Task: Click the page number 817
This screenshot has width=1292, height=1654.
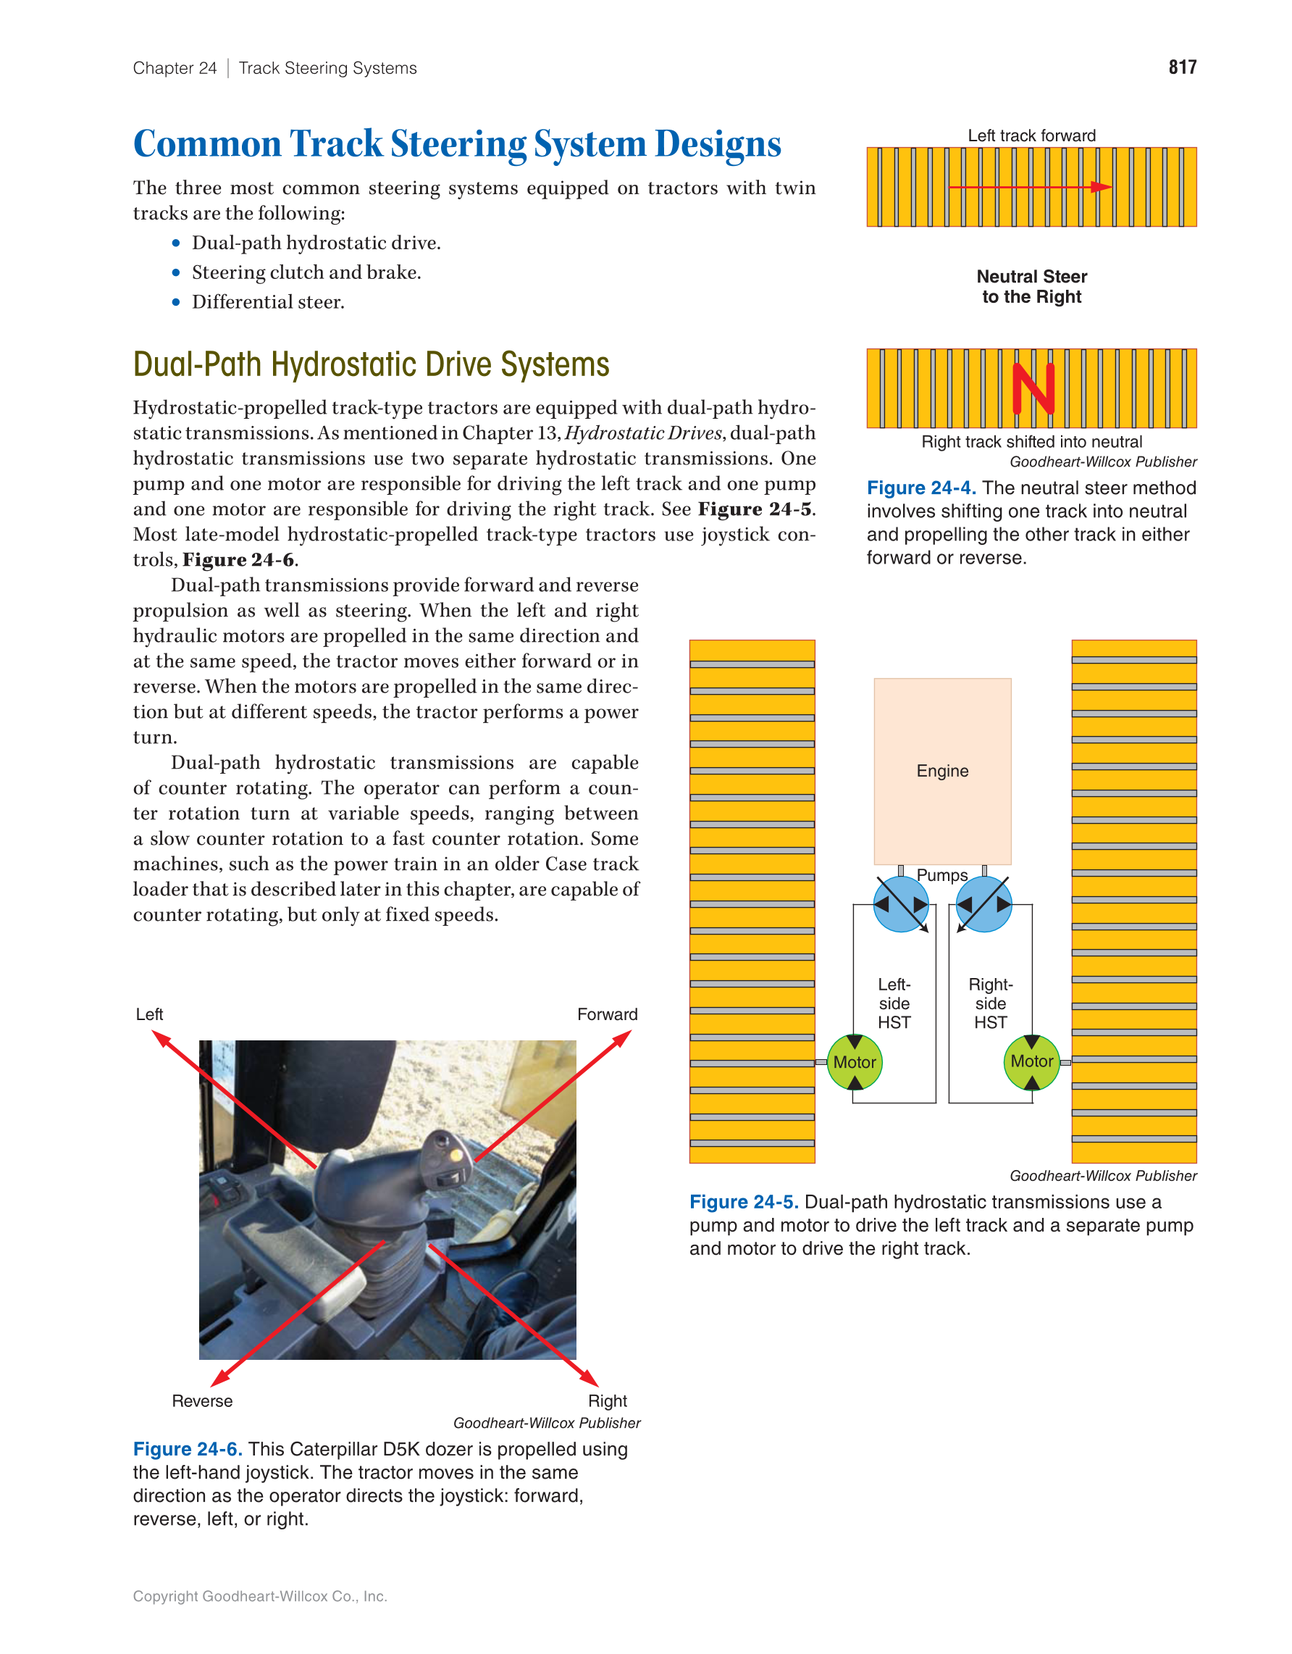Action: (1181, 67)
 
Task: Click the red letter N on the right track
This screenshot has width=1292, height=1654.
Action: (1033, 388)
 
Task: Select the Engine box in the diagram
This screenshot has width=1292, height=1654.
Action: (942, 771)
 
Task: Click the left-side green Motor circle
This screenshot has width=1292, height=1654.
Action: (855, 1063)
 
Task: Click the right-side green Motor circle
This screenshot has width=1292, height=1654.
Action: (1031, 1062)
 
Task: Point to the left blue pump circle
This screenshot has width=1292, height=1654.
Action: (901, 904)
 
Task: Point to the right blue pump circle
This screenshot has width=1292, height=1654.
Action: (984, 904)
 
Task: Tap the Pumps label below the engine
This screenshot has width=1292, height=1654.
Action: (942, 875)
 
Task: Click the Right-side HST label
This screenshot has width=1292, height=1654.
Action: (991, 1003)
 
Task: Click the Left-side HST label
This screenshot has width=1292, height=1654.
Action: (894, 1003)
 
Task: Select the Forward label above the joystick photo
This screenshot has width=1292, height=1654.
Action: (607, 1014)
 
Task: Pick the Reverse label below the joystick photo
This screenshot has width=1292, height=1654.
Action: (202, 1401)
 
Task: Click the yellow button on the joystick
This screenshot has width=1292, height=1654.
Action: (456, 1156)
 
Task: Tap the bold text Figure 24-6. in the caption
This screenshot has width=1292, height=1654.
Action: (188, 1449)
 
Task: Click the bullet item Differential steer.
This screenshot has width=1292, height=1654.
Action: (268, 302)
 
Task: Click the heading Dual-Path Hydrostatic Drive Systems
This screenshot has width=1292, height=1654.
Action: (371, 365)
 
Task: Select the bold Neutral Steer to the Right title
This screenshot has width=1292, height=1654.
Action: (1031, 286)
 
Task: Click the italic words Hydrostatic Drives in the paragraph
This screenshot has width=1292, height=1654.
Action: (644, 433)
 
